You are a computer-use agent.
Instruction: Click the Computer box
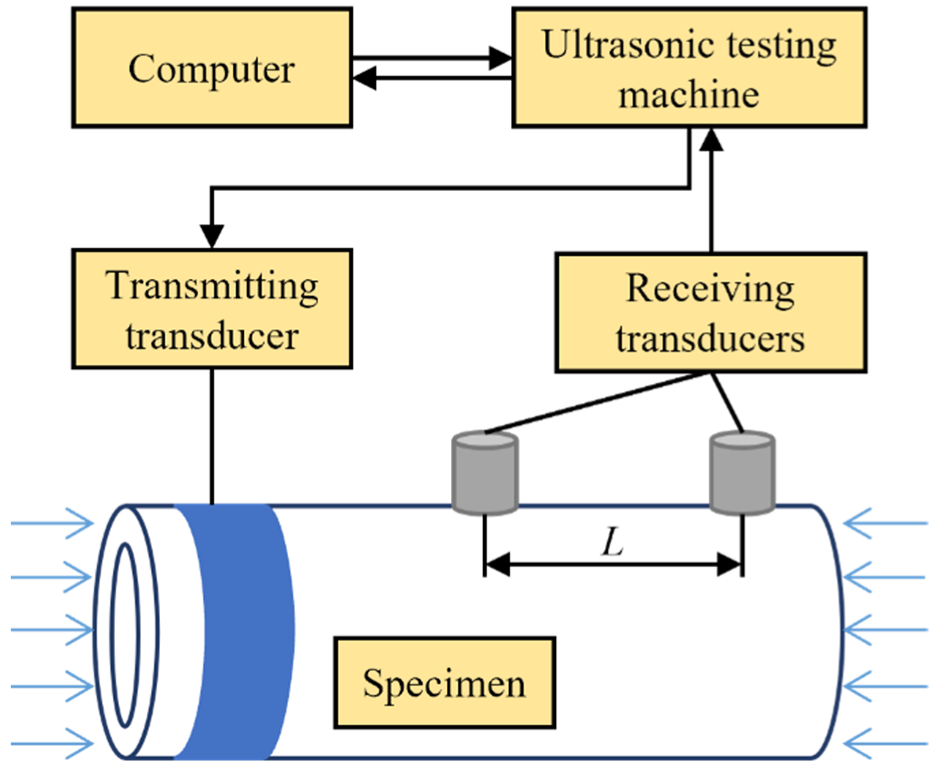[x=212, y=68]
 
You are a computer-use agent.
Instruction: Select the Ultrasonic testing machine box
[x=689, y=68]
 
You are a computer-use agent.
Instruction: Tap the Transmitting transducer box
[x=212, y=309]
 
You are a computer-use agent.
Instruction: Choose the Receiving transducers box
[x=710, y=313]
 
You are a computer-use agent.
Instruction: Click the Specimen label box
[x=444, y=683]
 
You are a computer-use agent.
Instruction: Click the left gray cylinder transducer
[x=484, y=473]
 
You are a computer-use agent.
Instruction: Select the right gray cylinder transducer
[x=742, y=473]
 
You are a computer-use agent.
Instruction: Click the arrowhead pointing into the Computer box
[x=364, y=79]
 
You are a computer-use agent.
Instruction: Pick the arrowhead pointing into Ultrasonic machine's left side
[x=500, y=58]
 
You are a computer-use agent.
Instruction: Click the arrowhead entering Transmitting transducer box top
[x=212, y=235]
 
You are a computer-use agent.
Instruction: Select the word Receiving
[x=710, y=289]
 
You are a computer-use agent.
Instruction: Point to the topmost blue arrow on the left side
[x=53, y=524]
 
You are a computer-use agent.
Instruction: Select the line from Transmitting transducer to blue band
[x=212, y=436]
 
